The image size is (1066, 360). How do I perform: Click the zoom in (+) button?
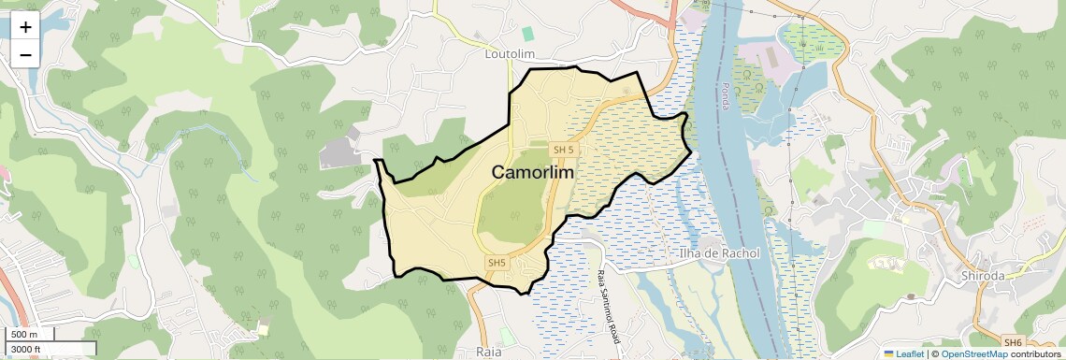(25, 27)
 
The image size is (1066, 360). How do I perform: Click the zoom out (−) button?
(25, 54)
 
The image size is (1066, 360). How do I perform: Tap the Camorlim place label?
(532, 173)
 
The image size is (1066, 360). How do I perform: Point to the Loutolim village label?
(510, 54)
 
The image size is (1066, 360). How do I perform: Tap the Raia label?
(489, 352)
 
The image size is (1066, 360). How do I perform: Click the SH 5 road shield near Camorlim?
(563, 150)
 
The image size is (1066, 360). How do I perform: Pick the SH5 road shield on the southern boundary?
(497, 263)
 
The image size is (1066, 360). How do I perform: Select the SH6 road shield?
(1013, 343)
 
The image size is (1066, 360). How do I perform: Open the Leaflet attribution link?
(903, 353)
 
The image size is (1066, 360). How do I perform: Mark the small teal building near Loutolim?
(527, 34)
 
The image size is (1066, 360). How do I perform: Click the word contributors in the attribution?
(1035, 353)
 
